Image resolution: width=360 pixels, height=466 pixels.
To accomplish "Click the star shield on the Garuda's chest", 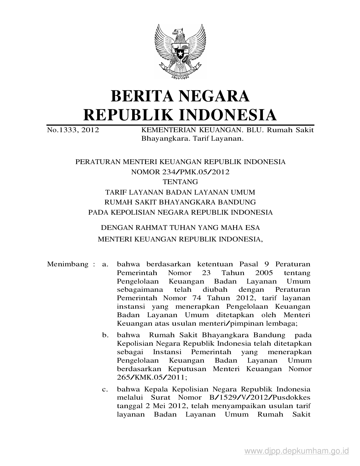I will [x=180, y=52].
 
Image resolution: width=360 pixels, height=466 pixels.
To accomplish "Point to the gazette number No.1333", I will [x=62, y=130].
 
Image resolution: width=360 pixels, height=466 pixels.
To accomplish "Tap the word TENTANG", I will [x=180, y=182].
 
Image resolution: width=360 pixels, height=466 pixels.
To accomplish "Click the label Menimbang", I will [x=68, y=264].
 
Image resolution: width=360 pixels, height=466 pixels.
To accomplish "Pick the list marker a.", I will [x=105, y=265].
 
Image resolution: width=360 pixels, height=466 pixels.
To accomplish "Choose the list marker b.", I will [x=105, y=335].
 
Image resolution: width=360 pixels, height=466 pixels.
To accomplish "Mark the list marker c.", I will [x=105, y=389].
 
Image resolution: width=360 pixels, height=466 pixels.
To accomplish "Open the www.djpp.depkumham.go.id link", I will [x=297, y=450].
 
